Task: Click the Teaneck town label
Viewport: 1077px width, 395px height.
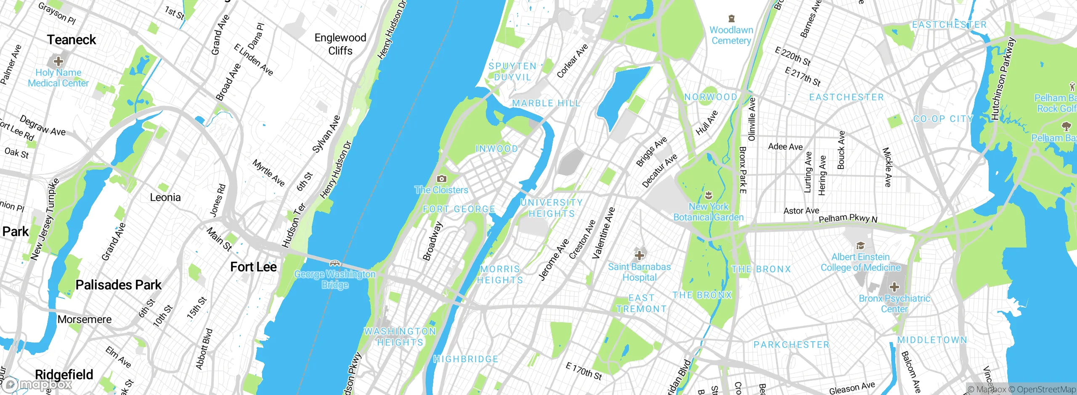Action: [x=72, y=40]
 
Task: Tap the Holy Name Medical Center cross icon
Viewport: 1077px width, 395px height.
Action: [x=58, y=61]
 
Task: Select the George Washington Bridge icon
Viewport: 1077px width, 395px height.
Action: [x=335, y=263]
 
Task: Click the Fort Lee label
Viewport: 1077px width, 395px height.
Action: [x=253, y=267]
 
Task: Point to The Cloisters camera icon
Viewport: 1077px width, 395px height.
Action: [x=441, y=179]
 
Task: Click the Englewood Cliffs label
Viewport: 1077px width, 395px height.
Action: [x=340, y=44]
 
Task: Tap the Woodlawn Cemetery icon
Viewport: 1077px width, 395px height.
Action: [x=732, y=18]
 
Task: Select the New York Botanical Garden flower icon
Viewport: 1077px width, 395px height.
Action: [x=708, y=195]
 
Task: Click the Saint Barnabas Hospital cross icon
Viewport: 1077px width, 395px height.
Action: [x=639, y=255]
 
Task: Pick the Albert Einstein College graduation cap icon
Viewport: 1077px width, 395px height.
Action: [x=860, y=245]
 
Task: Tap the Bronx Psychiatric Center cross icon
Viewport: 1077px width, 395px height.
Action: [x=894, y=287]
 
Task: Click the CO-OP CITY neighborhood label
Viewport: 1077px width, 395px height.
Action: [x=943, y=119]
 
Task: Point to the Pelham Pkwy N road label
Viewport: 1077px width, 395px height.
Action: [x=848, y=219]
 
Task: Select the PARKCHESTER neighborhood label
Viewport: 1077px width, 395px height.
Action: [x=791, y=345]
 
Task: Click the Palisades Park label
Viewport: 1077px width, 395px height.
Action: [x=118, y=285]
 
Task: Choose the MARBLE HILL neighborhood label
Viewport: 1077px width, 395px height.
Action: [x=546, y=103]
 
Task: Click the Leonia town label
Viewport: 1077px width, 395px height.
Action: [x=165, y=197]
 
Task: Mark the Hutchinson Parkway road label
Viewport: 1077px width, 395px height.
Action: [x=1003, y=79]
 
